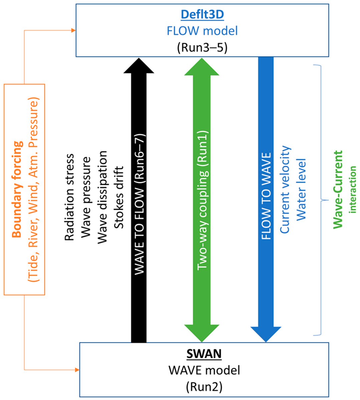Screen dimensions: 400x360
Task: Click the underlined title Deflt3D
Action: click(202, 15)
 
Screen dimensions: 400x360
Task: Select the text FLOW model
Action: click(202, 31)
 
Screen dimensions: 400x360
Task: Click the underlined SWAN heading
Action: click(204, 354)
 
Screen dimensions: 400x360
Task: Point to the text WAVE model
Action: click(204, 370)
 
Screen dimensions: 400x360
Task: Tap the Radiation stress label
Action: click(69, 197)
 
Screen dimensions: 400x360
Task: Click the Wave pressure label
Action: click(86, 197)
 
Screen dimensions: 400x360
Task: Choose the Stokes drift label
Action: click(119, 197)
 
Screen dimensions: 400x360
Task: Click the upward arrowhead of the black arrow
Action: click(139, 65)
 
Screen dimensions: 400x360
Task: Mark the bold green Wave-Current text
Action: click(338, 189)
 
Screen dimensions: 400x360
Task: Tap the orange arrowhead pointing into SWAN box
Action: click(77, 370)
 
